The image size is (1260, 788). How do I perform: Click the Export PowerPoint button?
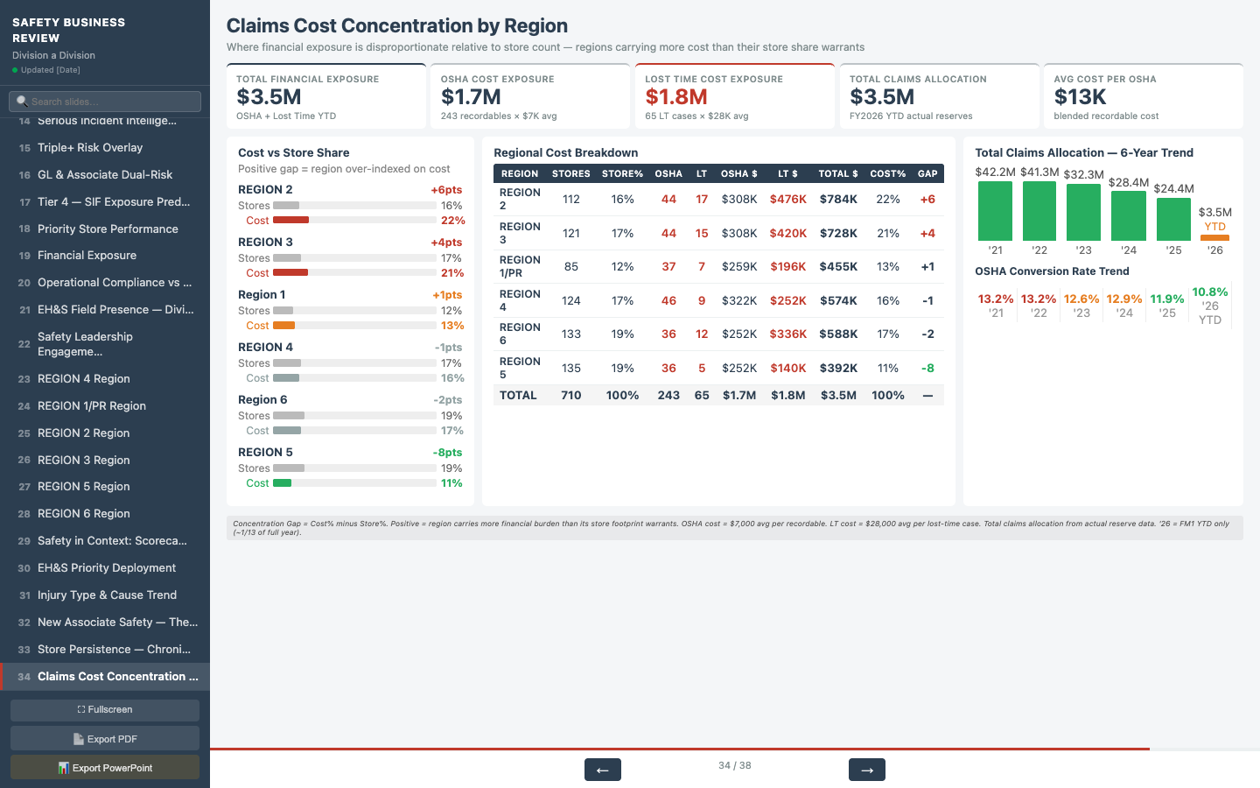coord(105,768)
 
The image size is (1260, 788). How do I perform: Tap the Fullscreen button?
coord(105,710)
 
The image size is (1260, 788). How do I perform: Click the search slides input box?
coord(105,102)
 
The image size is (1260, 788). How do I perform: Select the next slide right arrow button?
coord(866,770)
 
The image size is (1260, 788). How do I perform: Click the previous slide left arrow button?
coord(602,770)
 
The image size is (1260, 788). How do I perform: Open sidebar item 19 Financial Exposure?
coord(87,256)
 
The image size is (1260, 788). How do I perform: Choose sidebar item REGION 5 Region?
coord(83,487)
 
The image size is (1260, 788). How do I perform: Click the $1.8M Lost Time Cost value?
coord(675,97)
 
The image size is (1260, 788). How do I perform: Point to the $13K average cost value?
coord(1080,97)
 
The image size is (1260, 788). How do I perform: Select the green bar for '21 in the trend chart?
coord(995,211)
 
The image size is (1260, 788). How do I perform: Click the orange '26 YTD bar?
coord(1214,237)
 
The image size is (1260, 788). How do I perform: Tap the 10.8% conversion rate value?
coord(1209,292)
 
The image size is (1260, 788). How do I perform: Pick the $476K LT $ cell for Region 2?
coord(787,200)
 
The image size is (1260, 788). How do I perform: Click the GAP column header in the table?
coord(927,173)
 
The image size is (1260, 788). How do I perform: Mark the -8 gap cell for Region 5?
coord(927,369)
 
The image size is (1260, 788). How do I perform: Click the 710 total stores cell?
coord(570,396)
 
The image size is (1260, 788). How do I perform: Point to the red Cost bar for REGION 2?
coord(290,221)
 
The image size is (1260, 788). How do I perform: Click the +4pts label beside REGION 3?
coord(446,243)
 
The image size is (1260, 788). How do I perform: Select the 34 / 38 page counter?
coord(734,765)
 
